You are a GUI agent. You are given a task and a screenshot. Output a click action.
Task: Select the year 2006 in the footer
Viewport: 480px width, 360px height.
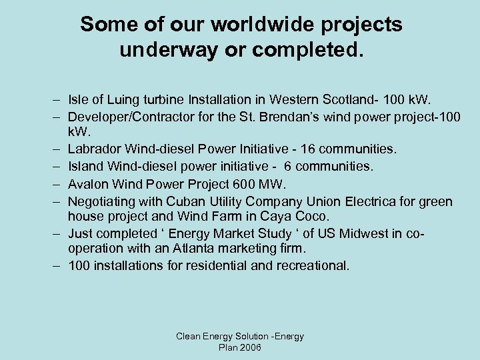[x=250, y=348]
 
